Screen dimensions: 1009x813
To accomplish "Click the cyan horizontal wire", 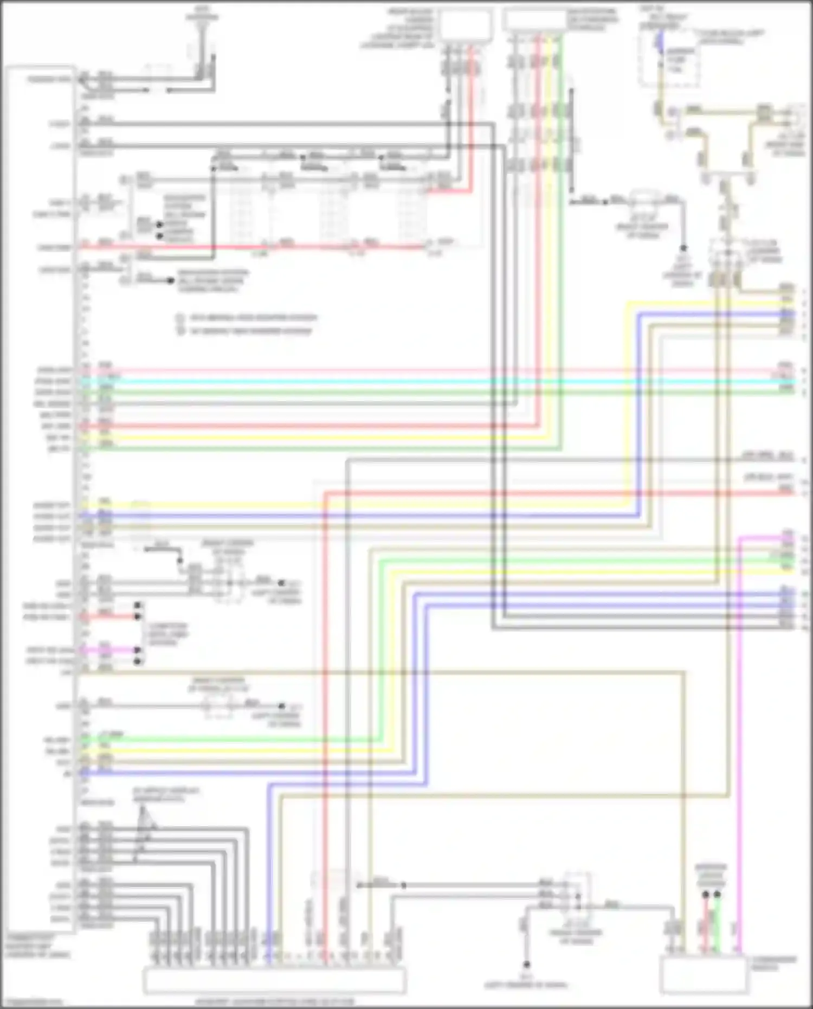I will pyautogui.click(x=434, y=382).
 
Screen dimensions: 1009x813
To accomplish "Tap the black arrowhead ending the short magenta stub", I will pyautogui.click(x=139, y=650).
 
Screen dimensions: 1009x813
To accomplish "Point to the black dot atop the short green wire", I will pyautogui.click(x=718, y=894).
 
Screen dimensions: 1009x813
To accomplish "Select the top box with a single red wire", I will pyautogui.click(x=466, y=24).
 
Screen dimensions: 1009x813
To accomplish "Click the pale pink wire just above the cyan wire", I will pyautogui.click(x=434, y=371).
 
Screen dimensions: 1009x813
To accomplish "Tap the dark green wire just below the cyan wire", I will pyautogui.click(x=434, y=392).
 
